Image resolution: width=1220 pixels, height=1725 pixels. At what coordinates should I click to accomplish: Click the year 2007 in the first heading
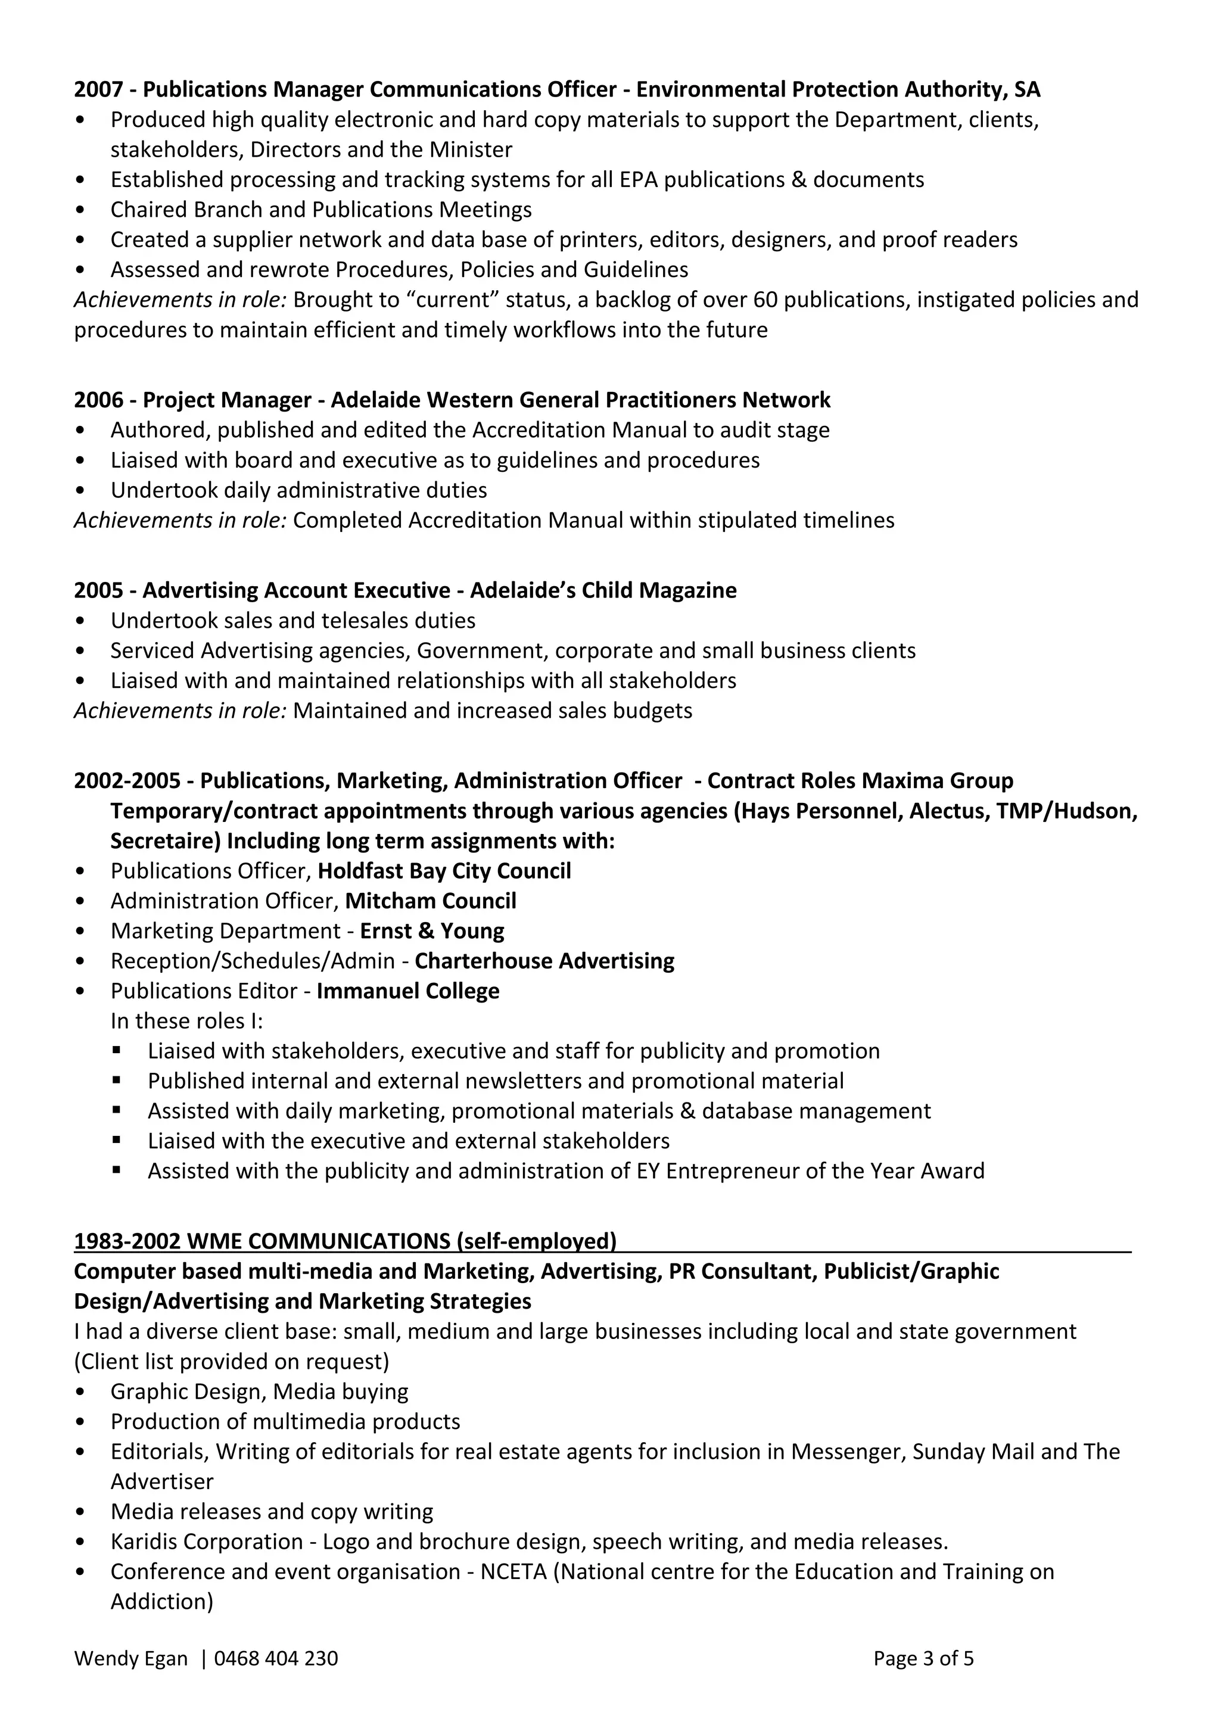point(98,89)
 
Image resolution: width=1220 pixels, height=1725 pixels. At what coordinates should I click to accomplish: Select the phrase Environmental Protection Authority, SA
point(838,89)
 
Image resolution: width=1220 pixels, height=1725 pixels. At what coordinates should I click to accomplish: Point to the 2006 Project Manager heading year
point(98,400)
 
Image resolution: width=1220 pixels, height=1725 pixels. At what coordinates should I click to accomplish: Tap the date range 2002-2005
point(127,781)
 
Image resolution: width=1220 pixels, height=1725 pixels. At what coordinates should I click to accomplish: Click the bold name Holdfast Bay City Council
point(444,871)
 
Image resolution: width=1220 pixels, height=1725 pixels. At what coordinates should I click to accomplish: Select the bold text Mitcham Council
point(431,901)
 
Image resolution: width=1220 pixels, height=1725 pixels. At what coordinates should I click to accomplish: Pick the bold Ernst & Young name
point(432,931)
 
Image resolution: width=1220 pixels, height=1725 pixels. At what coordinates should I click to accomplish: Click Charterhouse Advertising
point(544,961)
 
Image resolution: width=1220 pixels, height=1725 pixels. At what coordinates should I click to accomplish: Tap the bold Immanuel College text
point(408,991)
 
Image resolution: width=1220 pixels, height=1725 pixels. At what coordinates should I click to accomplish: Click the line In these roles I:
point(186,1021)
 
